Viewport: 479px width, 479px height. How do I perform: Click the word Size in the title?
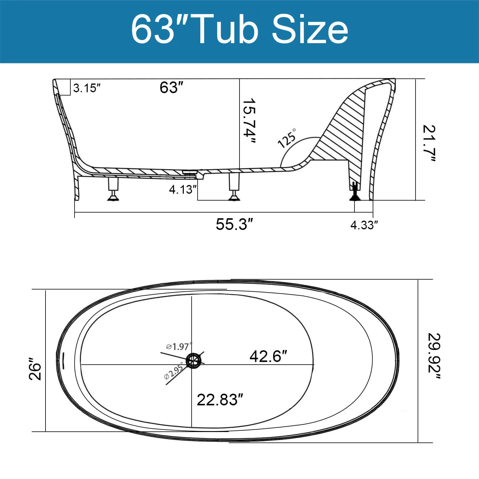310,30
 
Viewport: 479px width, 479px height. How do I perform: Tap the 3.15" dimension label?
87,88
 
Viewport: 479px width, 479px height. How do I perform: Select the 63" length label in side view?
171,87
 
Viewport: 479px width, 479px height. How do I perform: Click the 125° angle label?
287,138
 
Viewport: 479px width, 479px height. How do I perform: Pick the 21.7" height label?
429,143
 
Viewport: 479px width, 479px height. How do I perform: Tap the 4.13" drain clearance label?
182,189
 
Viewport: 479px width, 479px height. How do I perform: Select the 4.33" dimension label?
364,225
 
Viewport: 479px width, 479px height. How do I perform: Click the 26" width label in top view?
35,368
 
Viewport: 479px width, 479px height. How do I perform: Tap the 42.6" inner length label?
268,356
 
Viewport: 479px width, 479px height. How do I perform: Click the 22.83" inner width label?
219,399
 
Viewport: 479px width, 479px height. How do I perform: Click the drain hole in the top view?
193,360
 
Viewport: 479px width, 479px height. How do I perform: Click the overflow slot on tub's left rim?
63,360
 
